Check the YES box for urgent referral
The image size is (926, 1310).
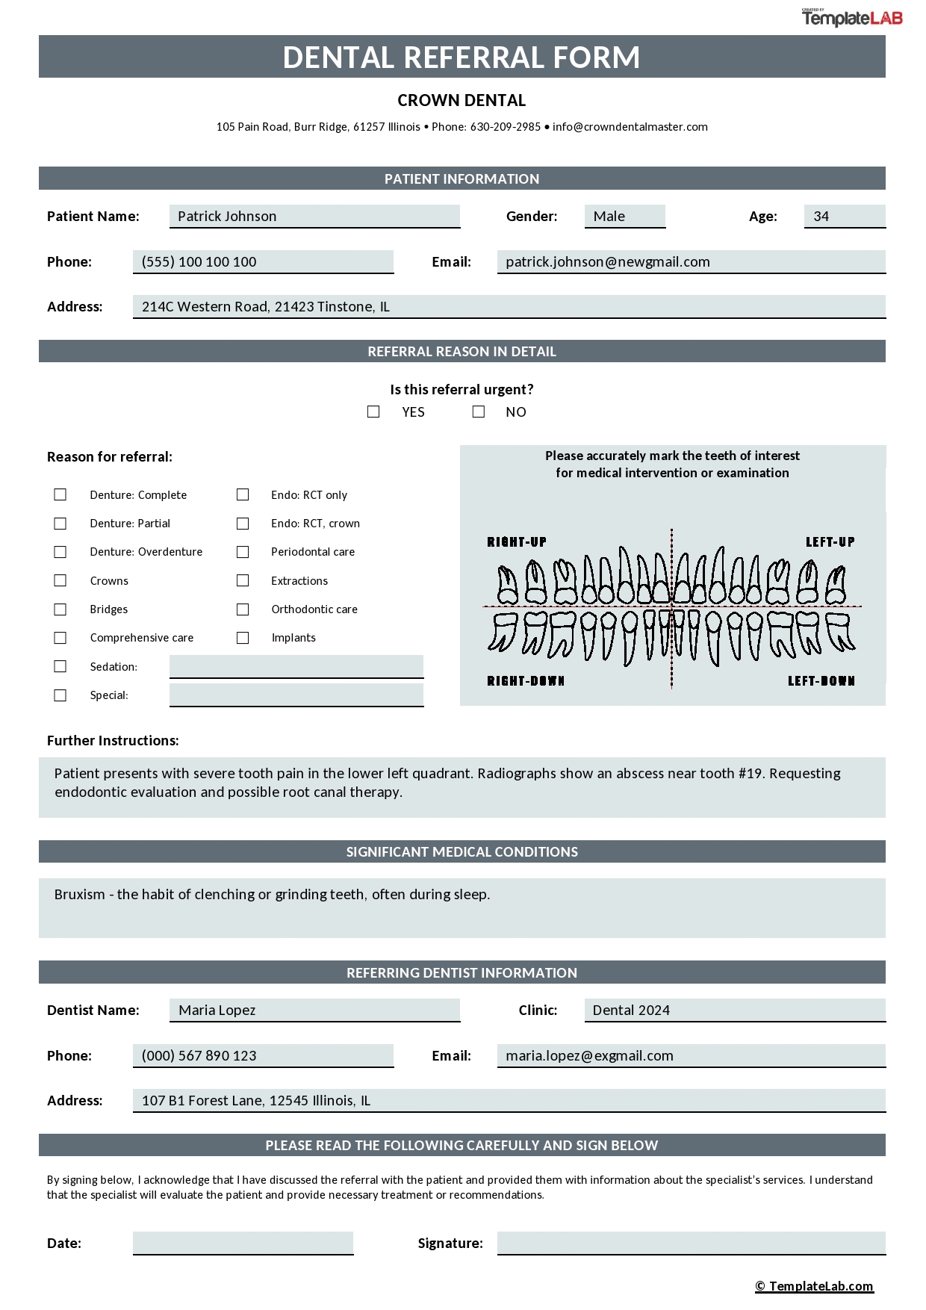point(373,412)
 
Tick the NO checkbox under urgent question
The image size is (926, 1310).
point(479,412)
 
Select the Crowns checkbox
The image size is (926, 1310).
point(60,580)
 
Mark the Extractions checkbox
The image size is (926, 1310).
point(243,580)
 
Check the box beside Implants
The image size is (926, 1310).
point(243,637)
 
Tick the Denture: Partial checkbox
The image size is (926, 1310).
point(60,524)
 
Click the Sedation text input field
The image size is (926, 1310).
point(296,666)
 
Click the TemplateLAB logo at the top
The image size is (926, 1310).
point(852,18)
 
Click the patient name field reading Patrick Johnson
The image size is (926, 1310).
point(314,216)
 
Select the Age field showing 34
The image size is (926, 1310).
point(844,216)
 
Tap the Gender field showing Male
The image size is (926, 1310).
point(624,216)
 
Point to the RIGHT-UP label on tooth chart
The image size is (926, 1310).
point(517,541)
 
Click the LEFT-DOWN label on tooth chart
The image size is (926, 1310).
point(821,680)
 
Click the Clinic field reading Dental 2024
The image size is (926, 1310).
point(734,1010)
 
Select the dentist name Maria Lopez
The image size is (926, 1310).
point(314,1010)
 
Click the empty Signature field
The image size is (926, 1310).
point(690,1242)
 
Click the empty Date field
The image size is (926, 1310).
point(243,1242)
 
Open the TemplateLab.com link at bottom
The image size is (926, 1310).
point(814,1285)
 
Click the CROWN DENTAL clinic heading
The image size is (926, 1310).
point(462,100)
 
